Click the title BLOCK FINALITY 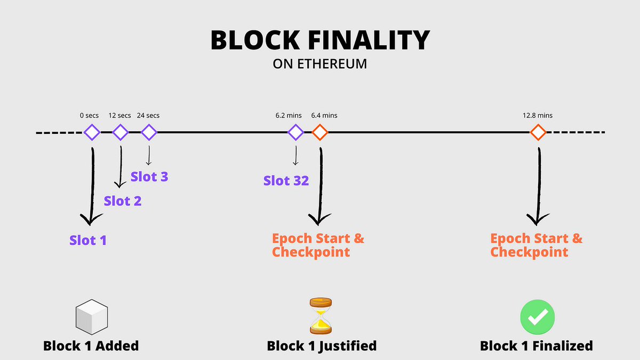coord(320,41)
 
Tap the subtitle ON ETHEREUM coord(320,64)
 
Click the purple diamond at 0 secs coord(92,132)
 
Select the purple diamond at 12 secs coord(121,132)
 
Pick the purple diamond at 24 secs coord(149,132)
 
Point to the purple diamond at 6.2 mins coord(295,132)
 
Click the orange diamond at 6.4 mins coord(320,132)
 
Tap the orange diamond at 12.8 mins coord(538,132)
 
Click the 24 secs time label coord(148,115)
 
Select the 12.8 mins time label coord(538,115)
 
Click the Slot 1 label coord(88,241)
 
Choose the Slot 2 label coord(123,201)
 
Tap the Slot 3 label coord(149,177)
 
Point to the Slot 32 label coord(286,181)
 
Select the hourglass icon coord(321,316)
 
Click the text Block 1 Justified coord(322,346)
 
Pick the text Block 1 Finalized coord(536,346)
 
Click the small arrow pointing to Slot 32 coord(295,156)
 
